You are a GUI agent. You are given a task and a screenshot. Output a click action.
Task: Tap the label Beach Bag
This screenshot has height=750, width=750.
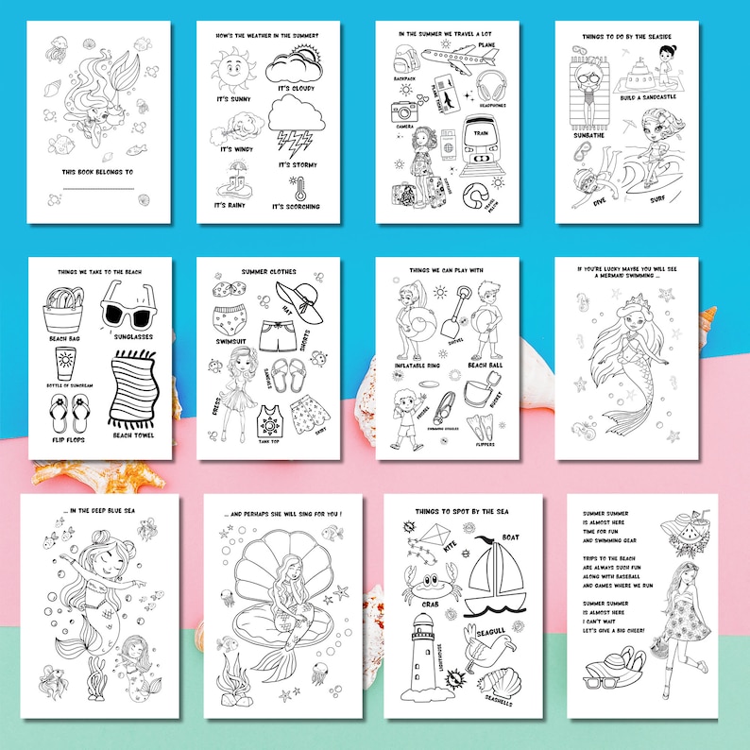pos(64,336)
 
